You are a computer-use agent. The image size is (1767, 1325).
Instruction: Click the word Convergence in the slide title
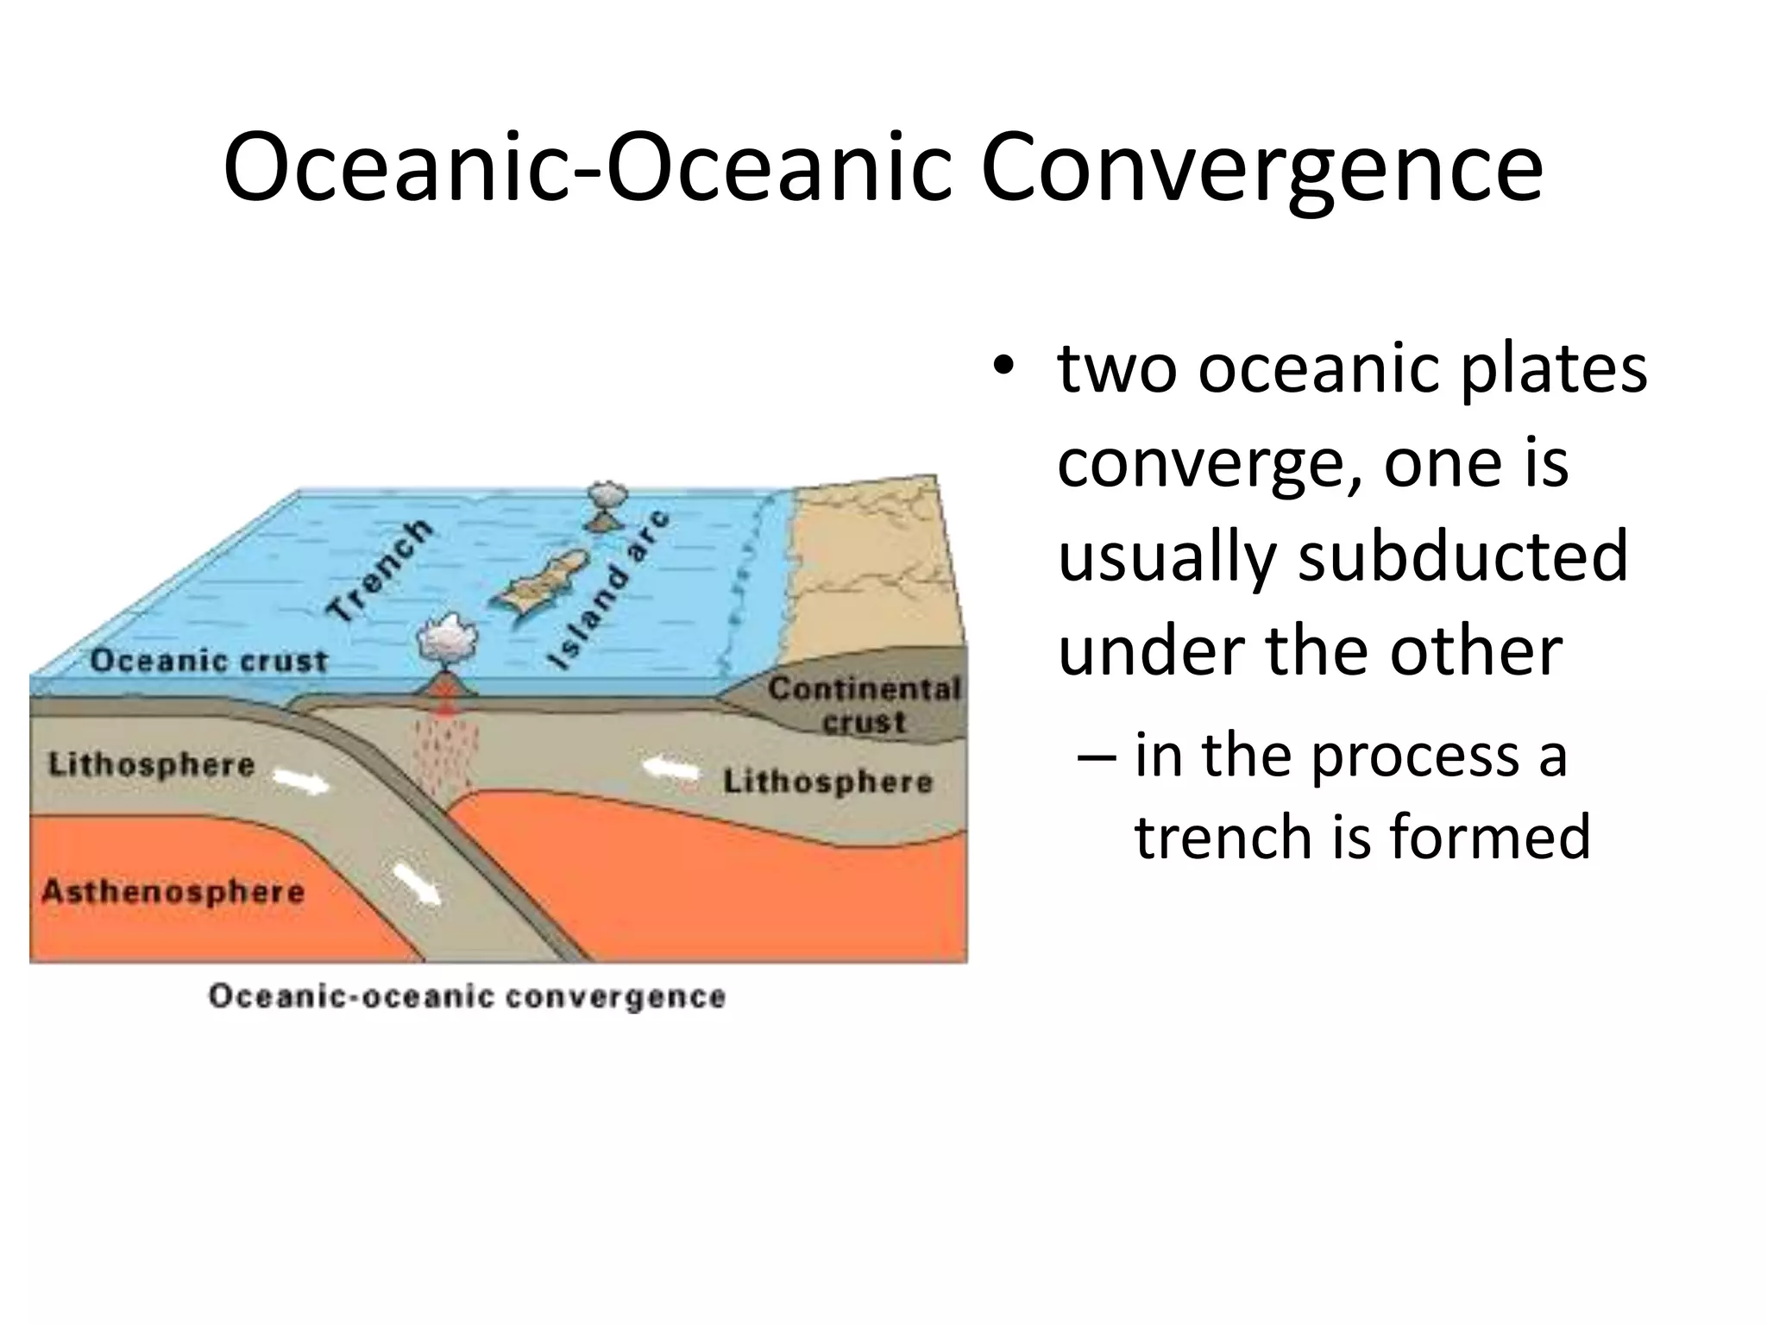pos(1261,170)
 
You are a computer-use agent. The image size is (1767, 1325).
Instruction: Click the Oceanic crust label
pos(209,662)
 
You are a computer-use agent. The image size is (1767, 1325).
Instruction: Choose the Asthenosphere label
pos(173,891)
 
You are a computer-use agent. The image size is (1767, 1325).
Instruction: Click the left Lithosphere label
pos(151,765)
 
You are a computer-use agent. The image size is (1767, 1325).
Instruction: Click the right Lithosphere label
pos(827,782)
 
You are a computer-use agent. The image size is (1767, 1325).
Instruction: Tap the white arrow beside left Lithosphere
pos(301,782)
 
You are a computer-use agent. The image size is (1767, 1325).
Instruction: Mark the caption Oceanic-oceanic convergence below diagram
pos(467,996)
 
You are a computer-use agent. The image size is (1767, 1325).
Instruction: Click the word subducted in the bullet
pos(1463,556)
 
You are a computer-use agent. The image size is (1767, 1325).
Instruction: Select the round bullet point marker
pos(1001,367)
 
